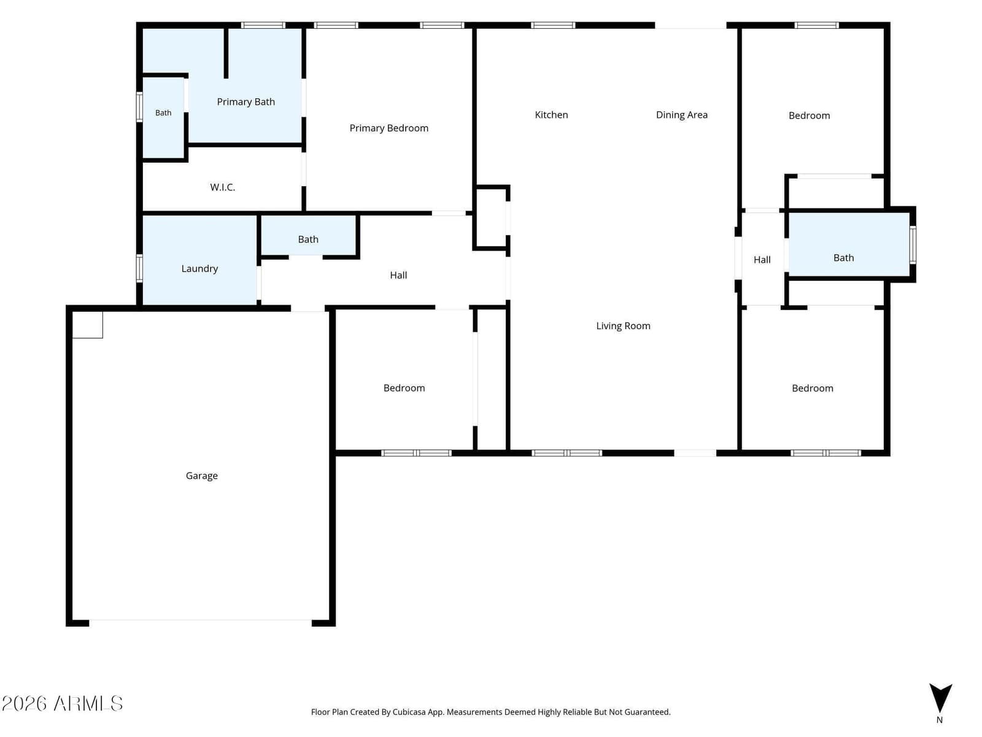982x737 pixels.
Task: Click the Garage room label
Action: click(x=202, y=475)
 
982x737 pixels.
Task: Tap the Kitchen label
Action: click(x=551, y=115)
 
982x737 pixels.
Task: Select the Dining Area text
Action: click(x=681, y=115)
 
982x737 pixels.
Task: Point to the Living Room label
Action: click(x=623, y=326)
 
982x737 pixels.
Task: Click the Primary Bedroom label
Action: click(x=389, y=128)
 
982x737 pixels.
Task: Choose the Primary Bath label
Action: click(x=245, y=102)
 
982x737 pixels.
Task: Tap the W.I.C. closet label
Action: click(x=222, y=187)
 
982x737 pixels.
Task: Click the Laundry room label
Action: click(x=199, y=268)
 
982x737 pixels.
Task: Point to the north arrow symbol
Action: click(x=940, y=698)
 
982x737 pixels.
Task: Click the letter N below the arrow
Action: click(x=940, y=720)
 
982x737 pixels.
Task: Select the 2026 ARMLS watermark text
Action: click(x=62, y=703)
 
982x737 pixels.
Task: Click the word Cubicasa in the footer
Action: click(x=409, y=712)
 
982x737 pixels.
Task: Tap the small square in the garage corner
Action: click(x=87, y=324)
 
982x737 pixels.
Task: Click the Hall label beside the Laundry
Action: click(x=398, y=275)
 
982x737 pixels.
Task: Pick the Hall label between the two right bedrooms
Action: click(x=762, y=260)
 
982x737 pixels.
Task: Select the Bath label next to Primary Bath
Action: click(x=163, y=113)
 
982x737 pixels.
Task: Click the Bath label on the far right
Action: click(x=843, y=258)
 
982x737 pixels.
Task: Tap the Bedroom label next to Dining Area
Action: click(x=809, y=115)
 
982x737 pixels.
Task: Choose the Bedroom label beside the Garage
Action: click(x=404, y=388)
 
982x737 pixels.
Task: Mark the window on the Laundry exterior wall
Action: click(x=139, y=268)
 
